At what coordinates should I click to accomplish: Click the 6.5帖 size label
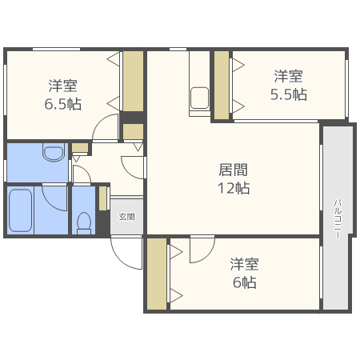point(63,104)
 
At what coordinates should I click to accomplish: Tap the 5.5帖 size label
point(289,94)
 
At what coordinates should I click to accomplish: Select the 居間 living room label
point(234,170)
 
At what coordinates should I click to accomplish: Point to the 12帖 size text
point(234,188)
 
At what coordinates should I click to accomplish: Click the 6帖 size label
point(245,282)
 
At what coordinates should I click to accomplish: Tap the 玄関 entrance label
point(127,217)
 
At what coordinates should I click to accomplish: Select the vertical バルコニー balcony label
point(338,218)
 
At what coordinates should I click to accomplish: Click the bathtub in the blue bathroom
point(20,210)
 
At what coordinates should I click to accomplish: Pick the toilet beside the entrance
point(84,223)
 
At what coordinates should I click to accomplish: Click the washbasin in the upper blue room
point(54,152)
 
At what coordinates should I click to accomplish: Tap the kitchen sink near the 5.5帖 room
point(199,98)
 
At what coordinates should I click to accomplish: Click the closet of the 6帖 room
point(157,274)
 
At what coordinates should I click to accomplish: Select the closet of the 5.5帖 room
point(222,85)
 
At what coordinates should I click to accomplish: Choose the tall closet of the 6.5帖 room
point(133,81)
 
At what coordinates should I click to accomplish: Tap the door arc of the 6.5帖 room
point(100,122)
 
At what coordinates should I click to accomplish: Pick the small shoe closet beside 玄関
point(102,198)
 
